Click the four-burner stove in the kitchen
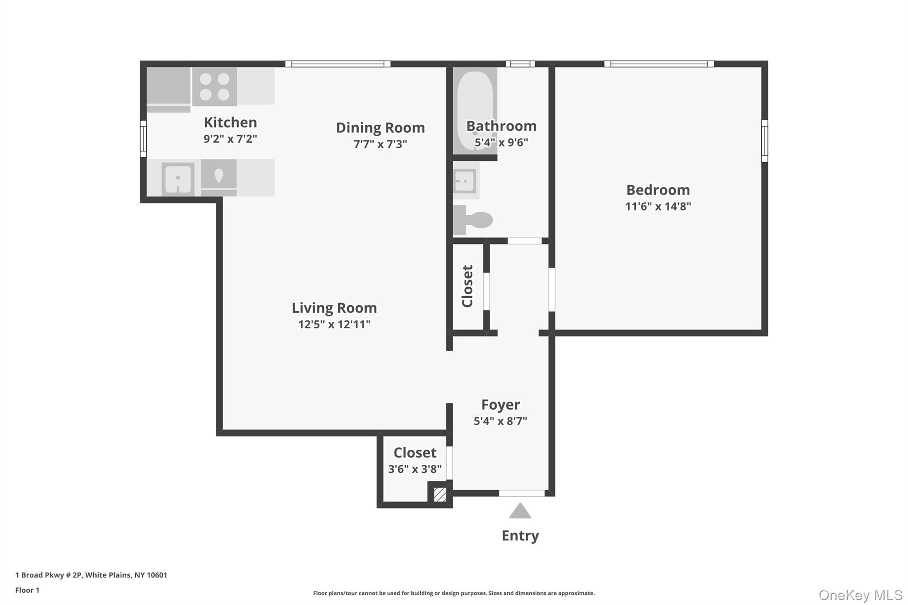coord(215,86)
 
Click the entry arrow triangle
coord(520,511)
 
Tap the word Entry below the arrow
coord(520,535)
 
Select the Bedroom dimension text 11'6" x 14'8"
coord(658,207)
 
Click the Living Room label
coord(334,308)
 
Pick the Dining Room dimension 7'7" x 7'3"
coord(380,144)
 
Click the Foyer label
coord(501,405)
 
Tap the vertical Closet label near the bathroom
coord(468,286)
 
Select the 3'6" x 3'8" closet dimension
coord(415,469)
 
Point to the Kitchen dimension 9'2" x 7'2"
coord(230,139)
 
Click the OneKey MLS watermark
coord(860,595)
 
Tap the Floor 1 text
coord(27,590)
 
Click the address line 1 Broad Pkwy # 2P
coord(91,575)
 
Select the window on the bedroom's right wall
coord(764,141)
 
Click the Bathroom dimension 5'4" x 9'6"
coord(501,143)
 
